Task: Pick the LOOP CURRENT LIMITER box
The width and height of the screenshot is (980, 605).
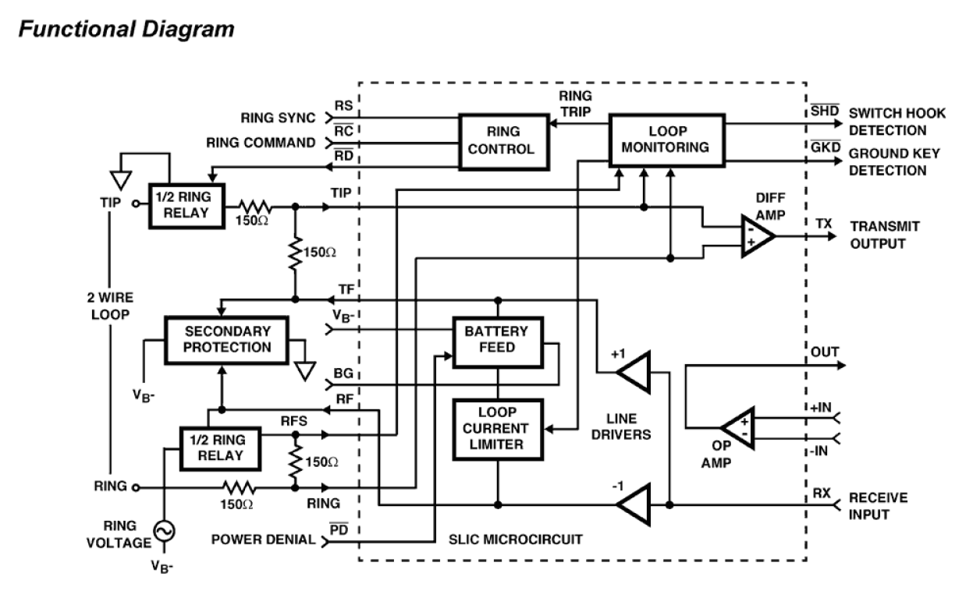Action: pyautogui.click(x=496, y=429)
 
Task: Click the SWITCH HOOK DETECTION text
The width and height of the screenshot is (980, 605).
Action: pyautogui.click(x=897, y=122)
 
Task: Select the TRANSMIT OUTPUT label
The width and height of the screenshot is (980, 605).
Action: pyautogui.click(x=885, y=234)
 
